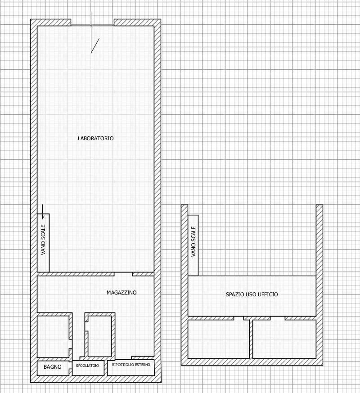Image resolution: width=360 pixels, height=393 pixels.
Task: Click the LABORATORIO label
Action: (x=95, y=138)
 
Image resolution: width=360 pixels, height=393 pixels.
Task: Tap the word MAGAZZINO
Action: (x=121, y=292)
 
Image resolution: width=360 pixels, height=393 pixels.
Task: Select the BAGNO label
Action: (x=53, y=367)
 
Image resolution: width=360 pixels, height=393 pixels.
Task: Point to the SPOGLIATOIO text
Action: (x=87, y=366)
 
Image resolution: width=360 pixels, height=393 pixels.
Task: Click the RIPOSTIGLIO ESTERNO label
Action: (x=131, y=365)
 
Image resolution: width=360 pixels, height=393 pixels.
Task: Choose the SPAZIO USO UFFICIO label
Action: (x=252, y=294)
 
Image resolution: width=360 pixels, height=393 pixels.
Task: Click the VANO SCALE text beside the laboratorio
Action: (x=43, y=240)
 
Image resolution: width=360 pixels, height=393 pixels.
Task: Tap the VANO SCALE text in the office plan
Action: (x=193, y=241)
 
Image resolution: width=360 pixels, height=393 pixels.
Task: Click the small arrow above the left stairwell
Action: (x=43, y=212)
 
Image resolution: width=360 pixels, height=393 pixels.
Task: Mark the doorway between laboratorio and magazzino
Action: (x=123, y=274)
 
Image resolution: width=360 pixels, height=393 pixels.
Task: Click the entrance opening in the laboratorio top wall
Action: (x=92, y=22)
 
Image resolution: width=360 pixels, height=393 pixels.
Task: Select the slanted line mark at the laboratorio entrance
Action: (x=95, y=45)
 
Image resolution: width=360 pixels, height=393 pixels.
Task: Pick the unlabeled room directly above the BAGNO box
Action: (x=53, y=337)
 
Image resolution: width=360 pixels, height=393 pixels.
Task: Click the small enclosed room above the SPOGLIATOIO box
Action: (x=99, y=336)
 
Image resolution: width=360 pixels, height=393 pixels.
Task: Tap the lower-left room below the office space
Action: (x=219, y=339)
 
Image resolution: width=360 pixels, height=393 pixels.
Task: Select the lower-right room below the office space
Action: (x=284, y=339)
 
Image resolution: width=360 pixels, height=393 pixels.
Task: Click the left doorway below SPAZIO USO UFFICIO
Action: (x=238, y=318)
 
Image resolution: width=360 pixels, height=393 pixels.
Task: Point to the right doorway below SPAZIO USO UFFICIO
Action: (x=278, y=318)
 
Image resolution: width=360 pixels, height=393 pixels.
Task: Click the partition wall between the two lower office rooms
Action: (x=251, y=339)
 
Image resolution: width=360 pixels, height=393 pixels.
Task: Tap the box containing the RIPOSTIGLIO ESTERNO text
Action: (x=130, y=368)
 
